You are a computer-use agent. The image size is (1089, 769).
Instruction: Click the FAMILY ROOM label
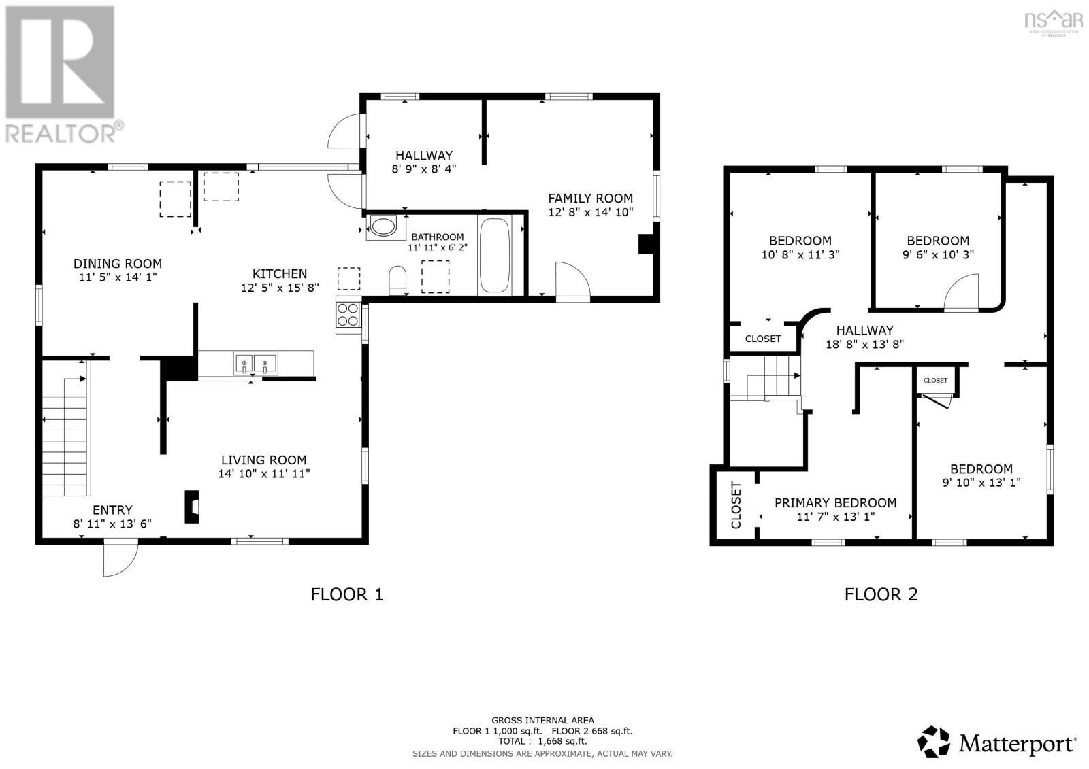pos(590,199)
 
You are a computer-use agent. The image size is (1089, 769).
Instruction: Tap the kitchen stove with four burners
pos(348,315)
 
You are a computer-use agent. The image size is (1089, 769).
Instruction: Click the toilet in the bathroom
pos(397,280)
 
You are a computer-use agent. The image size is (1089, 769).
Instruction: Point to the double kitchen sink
pos(256,363)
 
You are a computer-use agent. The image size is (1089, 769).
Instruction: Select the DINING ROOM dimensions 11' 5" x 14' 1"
pos(118,277)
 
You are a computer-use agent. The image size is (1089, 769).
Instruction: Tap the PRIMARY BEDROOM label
pos(835,503)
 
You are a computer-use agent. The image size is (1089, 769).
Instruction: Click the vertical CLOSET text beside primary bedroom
pos(736,505)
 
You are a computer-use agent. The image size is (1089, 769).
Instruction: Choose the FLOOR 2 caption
pos(881,594)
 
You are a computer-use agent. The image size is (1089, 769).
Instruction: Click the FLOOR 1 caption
pos(346,594)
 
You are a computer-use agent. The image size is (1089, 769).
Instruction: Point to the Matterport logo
pos(998,742)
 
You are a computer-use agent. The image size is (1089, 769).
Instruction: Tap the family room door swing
pos(572,281)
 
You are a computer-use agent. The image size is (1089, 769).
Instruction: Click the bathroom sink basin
pos(383,227)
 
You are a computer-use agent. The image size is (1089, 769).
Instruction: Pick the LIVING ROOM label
pos(263,460)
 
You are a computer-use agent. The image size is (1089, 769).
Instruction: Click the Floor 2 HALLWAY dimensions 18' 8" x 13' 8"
pos(864,345)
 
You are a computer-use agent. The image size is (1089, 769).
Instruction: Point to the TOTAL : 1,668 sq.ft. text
pos(542,741)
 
